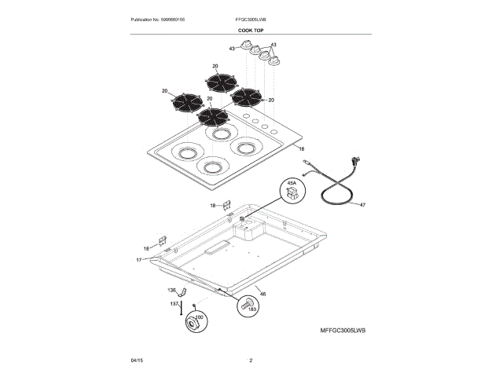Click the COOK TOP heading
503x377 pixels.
tap(251, 30)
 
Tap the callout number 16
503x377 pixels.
tap(301, 148)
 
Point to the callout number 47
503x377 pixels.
tap(362, 204)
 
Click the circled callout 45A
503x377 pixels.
tap(292, 188)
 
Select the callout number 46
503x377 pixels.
tap(263, 295)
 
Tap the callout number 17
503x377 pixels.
tap(138, 259)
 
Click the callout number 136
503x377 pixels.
tap(172, 291)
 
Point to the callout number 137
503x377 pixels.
tap(174, 303)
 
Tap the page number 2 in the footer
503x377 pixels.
tap(251, 360)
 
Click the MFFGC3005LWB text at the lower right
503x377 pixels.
tap(343, 332)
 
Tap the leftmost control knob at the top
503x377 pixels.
tap(245, 50)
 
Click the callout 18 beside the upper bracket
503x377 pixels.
tap(212, 205)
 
